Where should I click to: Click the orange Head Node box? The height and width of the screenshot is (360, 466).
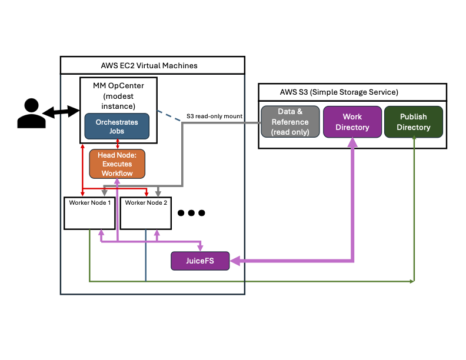117,164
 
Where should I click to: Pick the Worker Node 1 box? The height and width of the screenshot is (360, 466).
89,213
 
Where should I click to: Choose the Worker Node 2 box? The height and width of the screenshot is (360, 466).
146,213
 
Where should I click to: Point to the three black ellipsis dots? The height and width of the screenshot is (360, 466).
191,212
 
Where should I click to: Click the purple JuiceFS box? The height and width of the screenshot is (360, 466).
200,261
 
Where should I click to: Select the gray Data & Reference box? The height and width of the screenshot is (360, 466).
290,122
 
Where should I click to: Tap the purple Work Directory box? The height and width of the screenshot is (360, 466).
352,122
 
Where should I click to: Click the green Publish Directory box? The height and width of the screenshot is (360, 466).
413,122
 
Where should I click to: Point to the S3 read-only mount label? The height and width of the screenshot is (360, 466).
214,116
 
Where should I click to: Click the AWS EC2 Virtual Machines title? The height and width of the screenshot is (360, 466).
153,65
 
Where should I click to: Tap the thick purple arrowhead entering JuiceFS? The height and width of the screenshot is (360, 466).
235,260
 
